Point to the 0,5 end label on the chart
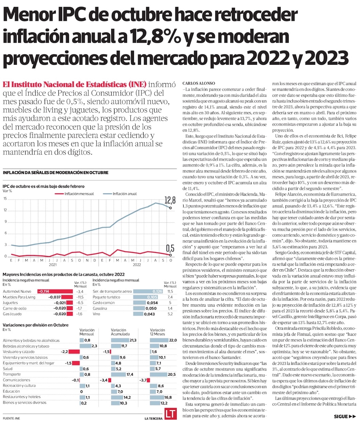170,248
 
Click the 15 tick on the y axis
5,199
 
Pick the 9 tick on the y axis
5,222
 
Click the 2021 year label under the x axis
53,264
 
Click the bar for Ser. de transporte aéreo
148,291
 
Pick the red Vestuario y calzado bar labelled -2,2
75,352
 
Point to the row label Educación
12,391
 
